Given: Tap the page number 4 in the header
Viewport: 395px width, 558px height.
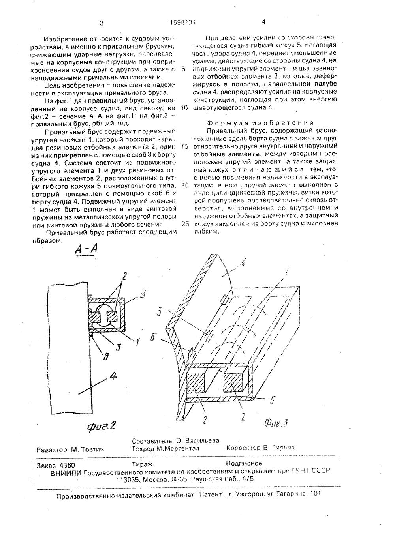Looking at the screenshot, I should tap(263, 22).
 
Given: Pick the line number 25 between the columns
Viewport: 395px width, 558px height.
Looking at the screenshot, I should tap(184, 224).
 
